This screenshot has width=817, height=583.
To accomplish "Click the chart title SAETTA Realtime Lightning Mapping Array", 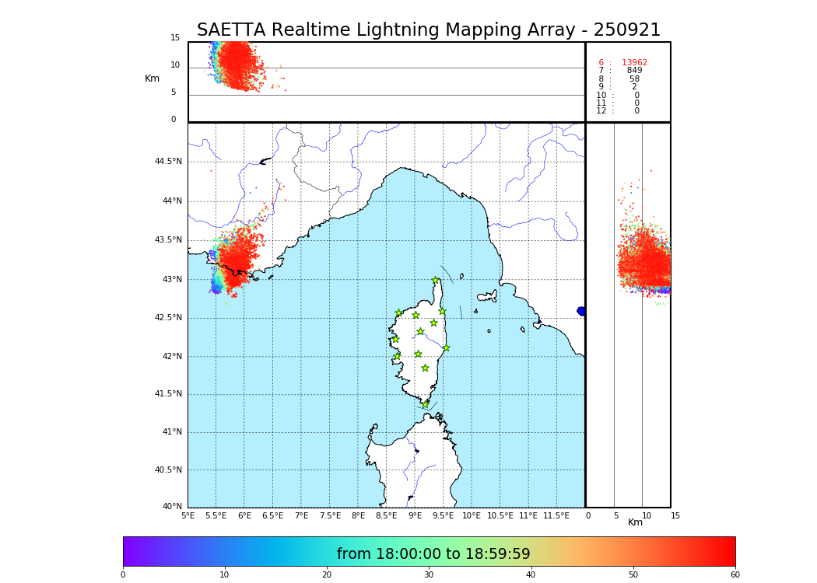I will coord(428,30).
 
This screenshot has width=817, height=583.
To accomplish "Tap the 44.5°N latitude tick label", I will coord(168,162).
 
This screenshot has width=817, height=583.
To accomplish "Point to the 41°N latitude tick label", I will coord(172,432).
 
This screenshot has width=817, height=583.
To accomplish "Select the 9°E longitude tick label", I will coord(416,515).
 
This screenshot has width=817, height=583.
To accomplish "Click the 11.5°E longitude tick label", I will coord(556,515).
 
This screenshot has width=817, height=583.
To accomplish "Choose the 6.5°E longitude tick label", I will coord(272,515).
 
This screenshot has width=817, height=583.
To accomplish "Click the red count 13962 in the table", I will coord(634,62).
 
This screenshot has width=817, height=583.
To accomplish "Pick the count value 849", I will coord(634,71).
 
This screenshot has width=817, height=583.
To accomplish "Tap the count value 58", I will coord(634,79).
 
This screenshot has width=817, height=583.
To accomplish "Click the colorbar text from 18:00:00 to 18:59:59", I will coord(433,554).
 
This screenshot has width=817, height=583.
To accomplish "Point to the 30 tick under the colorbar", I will coord(429,575).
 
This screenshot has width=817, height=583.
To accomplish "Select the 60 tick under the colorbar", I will coord(735,575).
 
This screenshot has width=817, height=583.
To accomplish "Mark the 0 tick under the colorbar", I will coord(123,575).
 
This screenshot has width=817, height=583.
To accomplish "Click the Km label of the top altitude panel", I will coord(152,79).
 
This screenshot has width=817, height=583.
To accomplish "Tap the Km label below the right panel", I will coord(635,522).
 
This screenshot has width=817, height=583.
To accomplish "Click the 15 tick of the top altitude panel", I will coord(175,38).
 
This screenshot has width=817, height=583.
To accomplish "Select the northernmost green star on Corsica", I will coord(436,281).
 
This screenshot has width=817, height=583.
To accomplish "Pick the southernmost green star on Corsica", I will coord(425,404).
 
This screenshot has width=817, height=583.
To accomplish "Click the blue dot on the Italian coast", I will coord(581,311).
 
